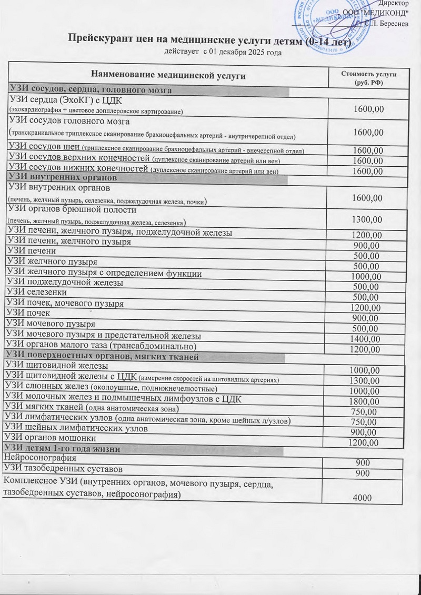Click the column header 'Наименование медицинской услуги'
[x=168, y=76]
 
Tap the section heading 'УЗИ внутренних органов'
[x=63, y=177]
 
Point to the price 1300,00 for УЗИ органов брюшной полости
[x=368, y=219]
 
